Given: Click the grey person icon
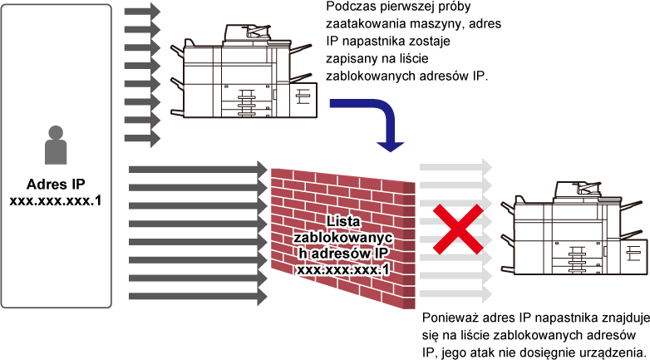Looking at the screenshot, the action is coord(56,145).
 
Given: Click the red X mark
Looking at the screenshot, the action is coord(458,229).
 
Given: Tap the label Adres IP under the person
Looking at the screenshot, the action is coord(56,184).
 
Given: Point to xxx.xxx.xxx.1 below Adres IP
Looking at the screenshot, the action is coord(56,201).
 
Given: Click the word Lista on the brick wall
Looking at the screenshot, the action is coord(342,221).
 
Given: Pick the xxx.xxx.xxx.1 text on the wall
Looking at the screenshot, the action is coord(342,269).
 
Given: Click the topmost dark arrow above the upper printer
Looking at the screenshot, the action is coord(142,11).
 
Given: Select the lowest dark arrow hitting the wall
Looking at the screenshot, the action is coord(198,297).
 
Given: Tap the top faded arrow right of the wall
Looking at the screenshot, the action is coord(455,168).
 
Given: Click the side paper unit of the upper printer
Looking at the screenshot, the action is coord(304,100).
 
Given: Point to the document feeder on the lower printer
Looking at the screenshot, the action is coord(577,189).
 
